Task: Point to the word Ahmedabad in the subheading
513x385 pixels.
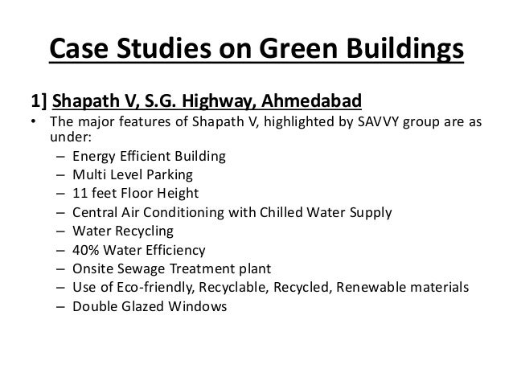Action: (x=313, y=102)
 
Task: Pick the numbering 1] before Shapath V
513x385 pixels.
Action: (x=38, y=102)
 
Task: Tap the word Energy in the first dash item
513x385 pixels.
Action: (x=93, y=156)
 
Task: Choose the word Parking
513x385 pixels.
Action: (x=170, y=174)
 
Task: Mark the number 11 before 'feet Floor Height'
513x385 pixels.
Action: (x=80, y=193)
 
